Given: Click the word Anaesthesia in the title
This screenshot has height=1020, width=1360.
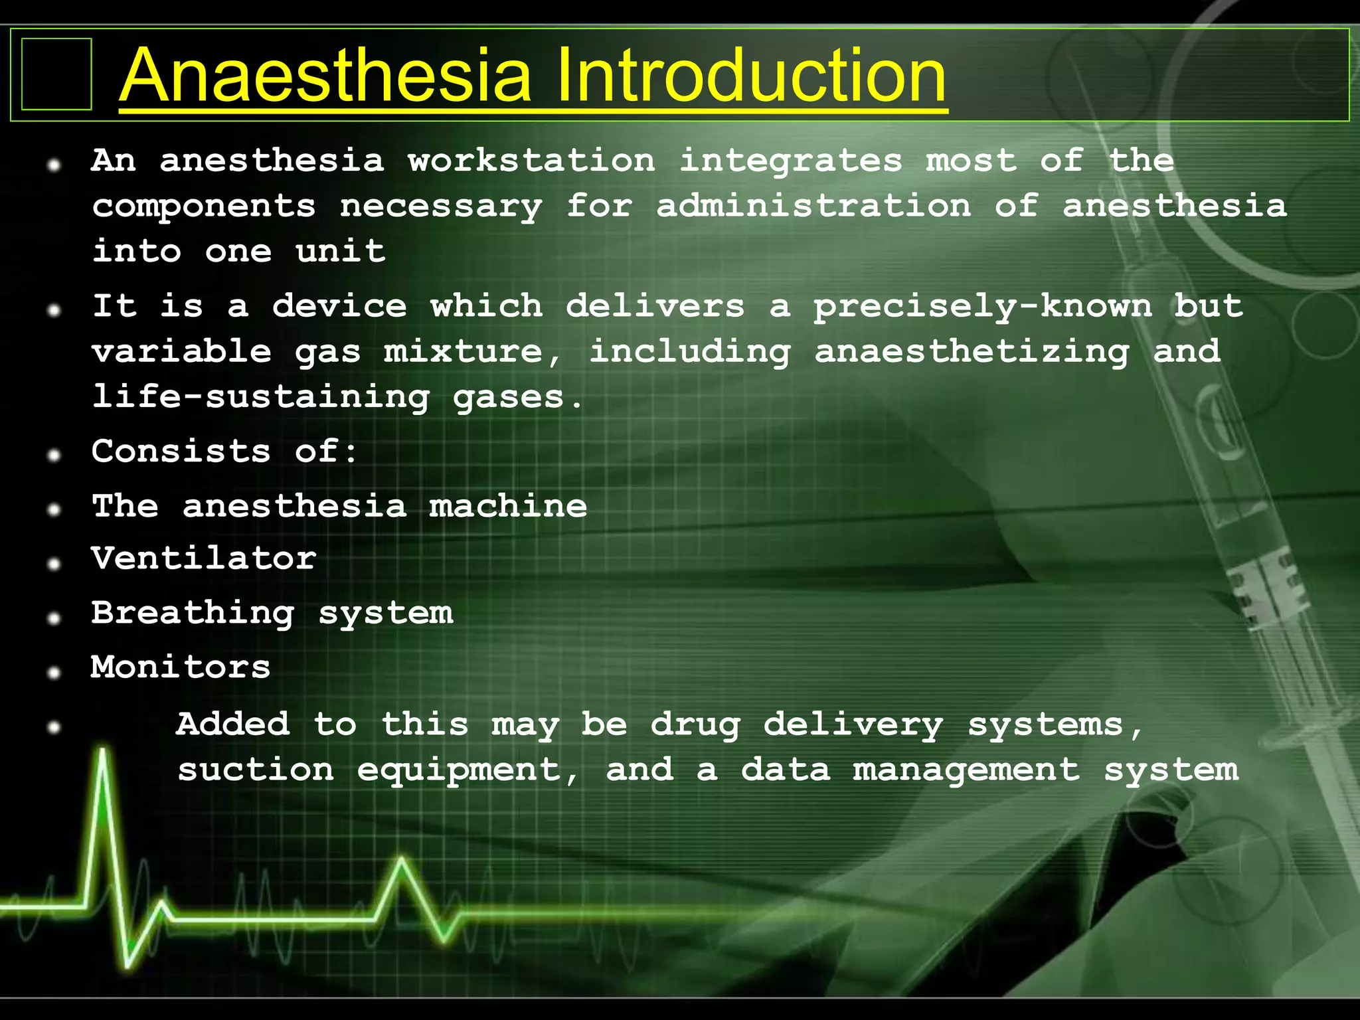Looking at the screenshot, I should coord(325,76).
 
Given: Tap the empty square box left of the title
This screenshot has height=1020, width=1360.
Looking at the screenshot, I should coord(56,74).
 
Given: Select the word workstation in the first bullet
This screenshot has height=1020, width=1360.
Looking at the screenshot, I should coord(531,161).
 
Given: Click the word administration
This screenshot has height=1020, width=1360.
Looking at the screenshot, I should coord(813,206).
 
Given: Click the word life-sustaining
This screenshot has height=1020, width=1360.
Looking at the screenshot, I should coord(261,398).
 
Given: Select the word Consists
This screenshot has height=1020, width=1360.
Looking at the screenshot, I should coord(181,452).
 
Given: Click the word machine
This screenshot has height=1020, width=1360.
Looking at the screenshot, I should coord(508,507).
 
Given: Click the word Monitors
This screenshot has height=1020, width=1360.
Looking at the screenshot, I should coord(181,667).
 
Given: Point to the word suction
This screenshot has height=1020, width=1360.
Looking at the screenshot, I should coord(256,770).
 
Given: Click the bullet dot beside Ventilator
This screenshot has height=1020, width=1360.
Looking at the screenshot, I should coord(54,563).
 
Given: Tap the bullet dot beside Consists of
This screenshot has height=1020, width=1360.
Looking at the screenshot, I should coord(54,455).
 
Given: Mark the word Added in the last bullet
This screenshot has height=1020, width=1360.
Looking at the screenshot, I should coord(233,724).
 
